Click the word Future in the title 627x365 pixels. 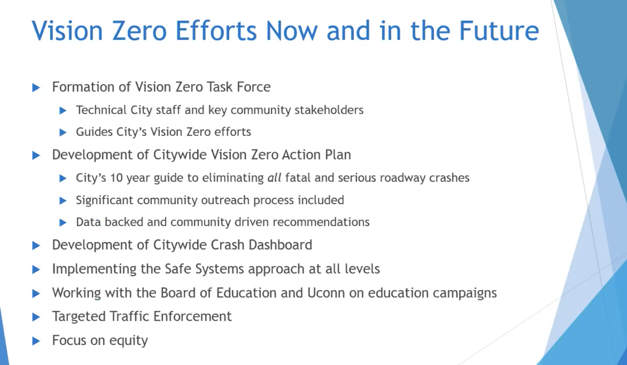[499, 30]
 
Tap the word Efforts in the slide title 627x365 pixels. [216, 30]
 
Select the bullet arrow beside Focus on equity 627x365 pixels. [36, 341]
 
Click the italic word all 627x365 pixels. [274, 178]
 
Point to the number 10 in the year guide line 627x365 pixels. [116, 178]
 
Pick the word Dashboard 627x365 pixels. [280, 245]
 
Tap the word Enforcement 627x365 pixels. [192, 316]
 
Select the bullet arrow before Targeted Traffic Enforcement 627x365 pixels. [36, 317]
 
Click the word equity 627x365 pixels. [128, 341]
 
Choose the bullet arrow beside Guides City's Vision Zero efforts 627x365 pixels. [63, 132]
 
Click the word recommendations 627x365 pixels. [321, 222]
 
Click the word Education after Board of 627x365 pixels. [246, 293]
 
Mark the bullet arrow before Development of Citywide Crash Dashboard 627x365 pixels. [36, 246]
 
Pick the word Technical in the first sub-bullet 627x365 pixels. [101, 110]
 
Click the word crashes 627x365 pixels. [449, 178]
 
